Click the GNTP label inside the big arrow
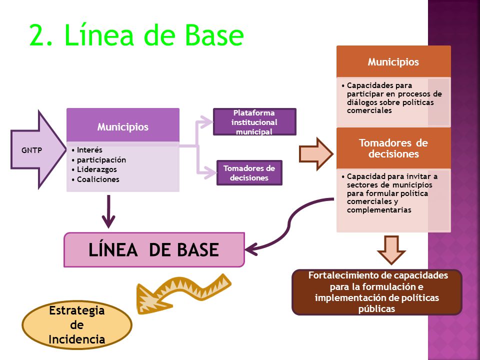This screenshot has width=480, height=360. coord(31,150)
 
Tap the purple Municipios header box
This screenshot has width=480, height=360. coord(123,125)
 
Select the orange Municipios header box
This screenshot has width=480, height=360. coord(393,61)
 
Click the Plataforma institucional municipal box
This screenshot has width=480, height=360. coord(254,122)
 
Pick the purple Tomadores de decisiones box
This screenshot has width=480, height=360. coord(249,173)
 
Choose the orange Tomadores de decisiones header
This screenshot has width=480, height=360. coord(393,148)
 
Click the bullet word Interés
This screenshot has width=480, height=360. coord(89,150)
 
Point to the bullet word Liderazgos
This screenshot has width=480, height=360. coord(96,169)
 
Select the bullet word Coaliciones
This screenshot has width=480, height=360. coord(98,179)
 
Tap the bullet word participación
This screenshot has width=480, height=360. coord(101,160)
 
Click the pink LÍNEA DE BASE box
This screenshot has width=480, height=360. coord(154,250)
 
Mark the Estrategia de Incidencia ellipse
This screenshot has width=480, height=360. coord(77,325)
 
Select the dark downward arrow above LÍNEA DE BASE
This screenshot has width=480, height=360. coord(108,211)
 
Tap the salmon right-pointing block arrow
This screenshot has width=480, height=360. coord(316,153)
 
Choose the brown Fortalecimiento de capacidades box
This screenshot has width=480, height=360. coord(377,292)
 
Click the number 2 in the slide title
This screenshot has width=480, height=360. coord(40,35)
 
